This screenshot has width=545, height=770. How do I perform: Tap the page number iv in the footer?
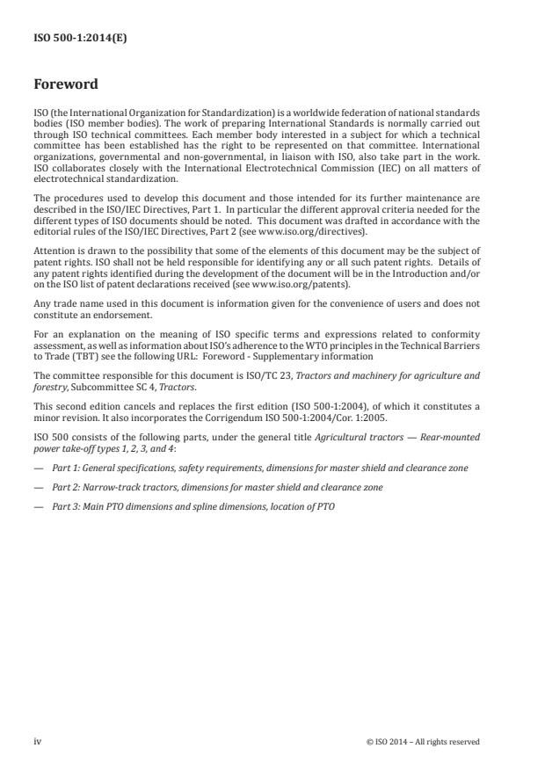pyautogui.click(x=37, y=741)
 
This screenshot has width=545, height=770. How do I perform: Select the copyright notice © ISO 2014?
pyautogui.click(x=423, y=742)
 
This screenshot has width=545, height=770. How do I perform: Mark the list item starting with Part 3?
pyautogui.click(x=193, y=506)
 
